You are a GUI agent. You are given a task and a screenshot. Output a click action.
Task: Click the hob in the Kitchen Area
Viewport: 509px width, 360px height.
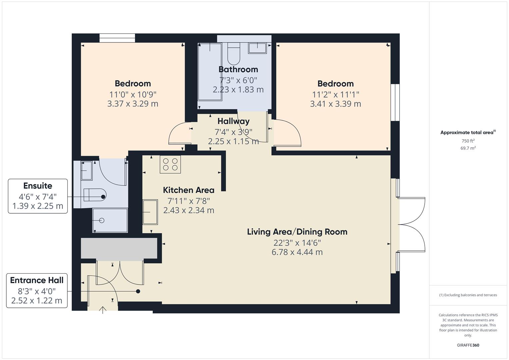(x=170, y=164)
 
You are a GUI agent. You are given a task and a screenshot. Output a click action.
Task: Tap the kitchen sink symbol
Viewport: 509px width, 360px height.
(x=150, y=212)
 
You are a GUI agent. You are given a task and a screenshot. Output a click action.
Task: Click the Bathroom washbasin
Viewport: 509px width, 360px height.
(x=257, y=48)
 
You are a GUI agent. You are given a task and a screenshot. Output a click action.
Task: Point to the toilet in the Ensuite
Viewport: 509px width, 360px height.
(x=95, y=195)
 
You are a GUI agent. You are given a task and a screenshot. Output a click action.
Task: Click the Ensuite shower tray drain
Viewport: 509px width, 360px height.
(x=102, y=220)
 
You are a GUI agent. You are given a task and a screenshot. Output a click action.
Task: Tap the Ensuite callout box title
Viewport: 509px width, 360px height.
(x=38, y=186)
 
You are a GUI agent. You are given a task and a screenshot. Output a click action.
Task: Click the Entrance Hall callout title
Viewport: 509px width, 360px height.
(x=37, y=280)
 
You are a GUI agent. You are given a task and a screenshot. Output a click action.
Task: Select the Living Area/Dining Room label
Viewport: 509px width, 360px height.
(x=297, y=232)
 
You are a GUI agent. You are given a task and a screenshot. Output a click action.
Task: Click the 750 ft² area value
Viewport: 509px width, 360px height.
(x=468, y=141)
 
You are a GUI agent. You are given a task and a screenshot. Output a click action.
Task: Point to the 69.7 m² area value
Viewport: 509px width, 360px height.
(x=468, y=148)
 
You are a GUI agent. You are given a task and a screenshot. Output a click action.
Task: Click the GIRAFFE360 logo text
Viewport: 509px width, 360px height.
(x=468, y=345)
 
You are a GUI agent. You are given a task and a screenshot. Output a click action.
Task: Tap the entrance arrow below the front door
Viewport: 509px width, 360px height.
(x=103, y=310)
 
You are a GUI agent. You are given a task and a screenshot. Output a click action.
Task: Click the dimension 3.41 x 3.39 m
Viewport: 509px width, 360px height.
(x=335, y=104)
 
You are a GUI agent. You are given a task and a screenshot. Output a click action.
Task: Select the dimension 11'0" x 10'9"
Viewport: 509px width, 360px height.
(x=133, y=94)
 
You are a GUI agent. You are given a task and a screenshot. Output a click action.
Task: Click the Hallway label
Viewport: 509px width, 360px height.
(x=233, y=121)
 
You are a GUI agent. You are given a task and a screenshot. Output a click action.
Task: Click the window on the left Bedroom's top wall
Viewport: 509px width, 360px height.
(x=117, y=38)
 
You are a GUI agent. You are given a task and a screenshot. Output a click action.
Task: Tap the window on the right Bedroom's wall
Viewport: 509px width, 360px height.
(x=395, y=102)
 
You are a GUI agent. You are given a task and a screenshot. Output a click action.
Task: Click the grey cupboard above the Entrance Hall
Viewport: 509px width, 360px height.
(x=119, y=248)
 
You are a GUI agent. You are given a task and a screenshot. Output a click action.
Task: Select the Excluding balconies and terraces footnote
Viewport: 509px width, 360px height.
(x=468, y=295)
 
